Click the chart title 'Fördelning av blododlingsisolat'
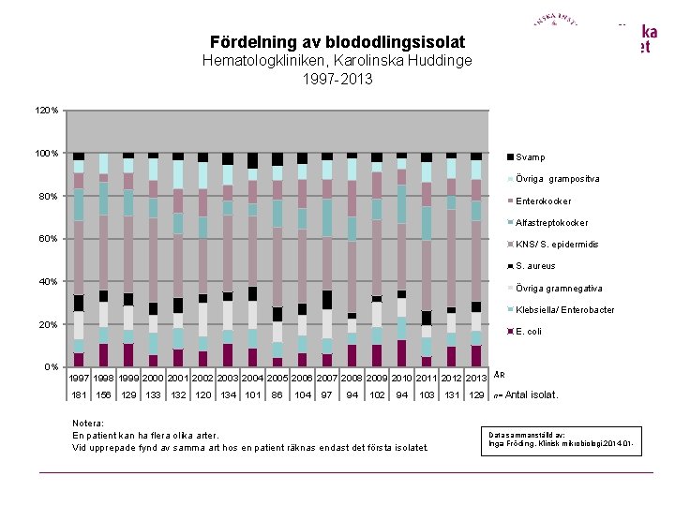[337, 42]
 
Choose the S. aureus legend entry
[535, 266]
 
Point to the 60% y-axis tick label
[49, 239]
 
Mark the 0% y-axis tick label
[52, 367]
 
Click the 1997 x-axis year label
[79, 378]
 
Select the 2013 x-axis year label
[476, 378]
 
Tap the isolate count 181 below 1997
[79, 395]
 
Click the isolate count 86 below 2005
[277, 395]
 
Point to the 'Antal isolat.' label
[532, 395]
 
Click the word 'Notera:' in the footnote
[88, 423]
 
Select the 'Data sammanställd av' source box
[562, 439]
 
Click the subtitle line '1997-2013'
[337, 80]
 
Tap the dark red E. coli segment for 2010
[402, 353]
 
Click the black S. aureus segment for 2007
[327, 300]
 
